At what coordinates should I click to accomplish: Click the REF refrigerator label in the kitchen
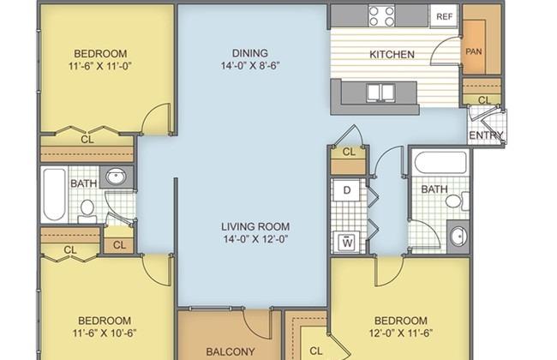coord(445,16)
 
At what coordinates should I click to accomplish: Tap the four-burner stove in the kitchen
coord(382,16)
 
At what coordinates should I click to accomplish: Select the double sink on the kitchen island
coord(380,92)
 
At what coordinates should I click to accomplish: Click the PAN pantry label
coord(474,51)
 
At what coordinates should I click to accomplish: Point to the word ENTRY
coord(486,135)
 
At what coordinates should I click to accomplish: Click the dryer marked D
coord(347,190)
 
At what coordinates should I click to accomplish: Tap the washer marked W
coord(347,243)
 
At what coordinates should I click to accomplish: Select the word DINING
coord(250,53)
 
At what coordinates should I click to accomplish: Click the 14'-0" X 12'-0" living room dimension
coord(255,239)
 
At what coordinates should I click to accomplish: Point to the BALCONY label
coord(231,351)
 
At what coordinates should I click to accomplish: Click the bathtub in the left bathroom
coord(54,194)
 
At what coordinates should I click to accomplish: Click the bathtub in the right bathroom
coord(440,162)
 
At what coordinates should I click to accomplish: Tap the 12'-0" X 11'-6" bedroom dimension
coord(401,333)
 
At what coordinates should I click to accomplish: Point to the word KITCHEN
coord(392,54)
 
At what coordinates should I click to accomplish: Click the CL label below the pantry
coord(484,100)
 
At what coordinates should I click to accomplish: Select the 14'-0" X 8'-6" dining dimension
coord(250,66)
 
